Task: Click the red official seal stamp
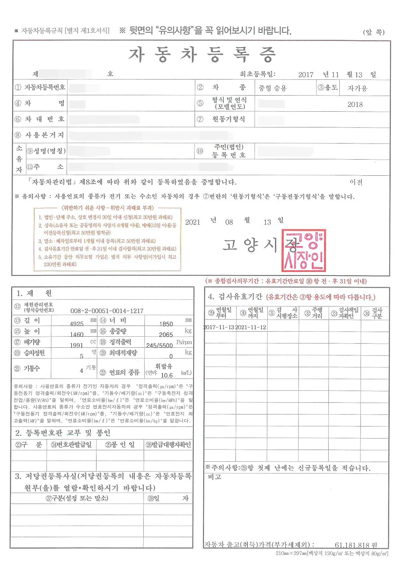point(304,250)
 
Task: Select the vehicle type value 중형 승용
point(273,88)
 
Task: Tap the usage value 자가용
point(357,88)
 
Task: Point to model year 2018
point(355,104)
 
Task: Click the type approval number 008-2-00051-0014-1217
point(107,311)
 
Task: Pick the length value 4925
point(77,324)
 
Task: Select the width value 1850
point(166,324)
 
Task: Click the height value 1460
point(77,334)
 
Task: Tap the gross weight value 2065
point(166,335)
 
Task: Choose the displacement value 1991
point(76,345)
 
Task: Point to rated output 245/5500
point(159,345)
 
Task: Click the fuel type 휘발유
point(163,366)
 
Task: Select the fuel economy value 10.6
point(167,375)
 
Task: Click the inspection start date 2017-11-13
point(219,327)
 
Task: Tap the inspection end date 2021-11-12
point(251,327)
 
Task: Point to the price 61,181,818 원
point(356,545)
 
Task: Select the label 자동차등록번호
point(45,88)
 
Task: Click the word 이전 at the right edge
point(356,182)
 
